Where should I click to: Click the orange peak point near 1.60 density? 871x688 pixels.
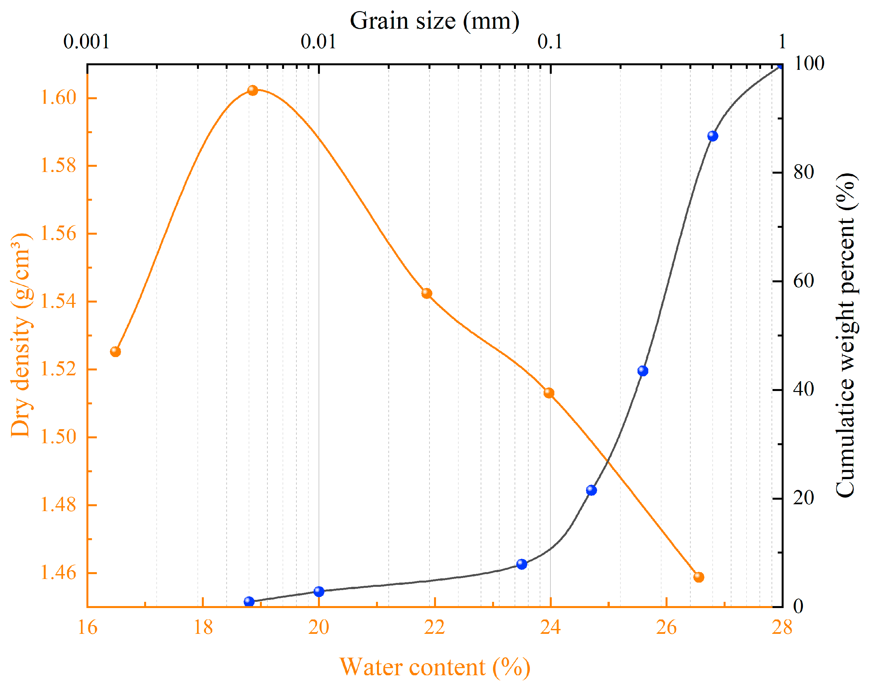point(252,90)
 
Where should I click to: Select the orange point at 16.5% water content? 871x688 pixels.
point(115,352)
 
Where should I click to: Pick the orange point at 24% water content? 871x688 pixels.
point(548,393)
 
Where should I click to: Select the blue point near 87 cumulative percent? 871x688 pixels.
point(713,136)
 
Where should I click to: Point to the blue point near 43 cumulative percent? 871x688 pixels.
point(643,370)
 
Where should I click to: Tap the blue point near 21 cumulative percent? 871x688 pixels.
point(591,490)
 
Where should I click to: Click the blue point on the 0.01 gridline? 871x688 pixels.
point(319,591)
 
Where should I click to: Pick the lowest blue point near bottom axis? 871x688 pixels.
point(249,602)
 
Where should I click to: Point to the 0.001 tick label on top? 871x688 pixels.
point(86,41)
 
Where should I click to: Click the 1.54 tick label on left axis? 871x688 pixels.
point(58,301)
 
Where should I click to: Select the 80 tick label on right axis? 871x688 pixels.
point(803,172)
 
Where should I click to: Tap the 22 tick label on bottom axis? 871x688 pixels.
point(434,628)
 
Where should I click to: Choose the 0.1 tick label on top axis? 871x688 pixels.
point(550,41)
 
